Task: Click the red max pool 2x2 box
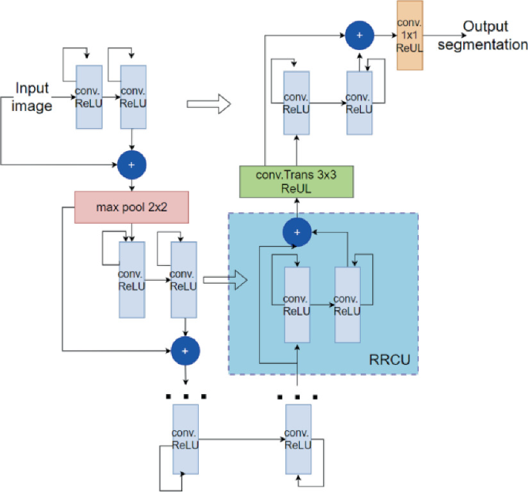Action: (x=132, y=207)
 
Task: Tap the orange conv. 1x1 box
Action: (x=411, y=35)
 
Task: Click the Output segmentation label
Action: (x=494, y=36)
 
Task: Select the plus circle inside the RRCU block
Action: (x=297, y=230)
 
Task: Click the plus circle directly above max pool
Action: (x=131, y=163)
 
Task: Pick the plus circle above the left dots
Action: (x=185, y=352)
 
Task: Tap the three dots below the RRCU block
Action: (x=297, y=396)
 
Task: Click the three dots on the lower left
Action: (x=185, y=396)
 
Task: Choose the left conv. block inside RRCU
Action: (x=297, y=305)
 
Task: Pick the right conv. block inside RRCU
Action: (x=347, y=305)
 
